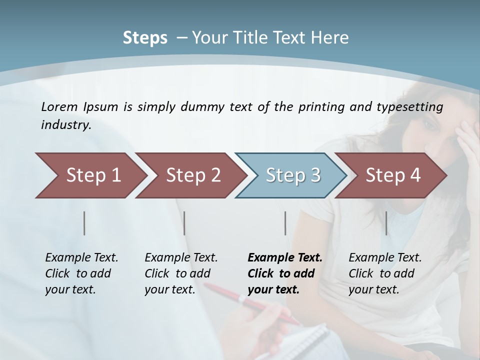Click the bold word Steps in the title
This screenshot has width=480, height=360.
pos(145,38)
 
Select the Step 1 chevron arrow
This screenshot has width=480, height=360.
pos(90,175)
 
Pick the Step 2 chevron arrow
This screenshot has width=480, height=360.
pos(190,175)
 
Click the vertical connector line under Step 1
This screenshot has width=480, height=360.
pos(84,223)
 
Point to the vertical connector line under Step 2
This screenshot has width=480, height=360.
pos(184,223)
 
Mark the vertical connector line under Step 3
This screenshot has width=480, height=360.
pos(285,223)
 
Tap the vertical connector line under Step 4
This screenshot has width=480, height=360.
pos(386,223)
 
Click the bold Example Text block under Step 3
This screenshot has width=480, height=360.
pos(285,273)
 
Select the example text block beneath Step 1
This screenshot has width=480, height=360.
pos(81,273)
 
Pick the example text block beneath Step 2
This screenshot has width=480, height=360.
pos(181,273)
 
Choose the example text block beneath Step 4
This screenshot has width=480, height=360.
pos(385,273)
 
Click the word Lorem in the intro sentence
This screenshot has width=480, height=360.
pos(59,106)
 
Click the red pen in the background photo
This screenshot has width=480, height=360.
pos(250,302)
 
